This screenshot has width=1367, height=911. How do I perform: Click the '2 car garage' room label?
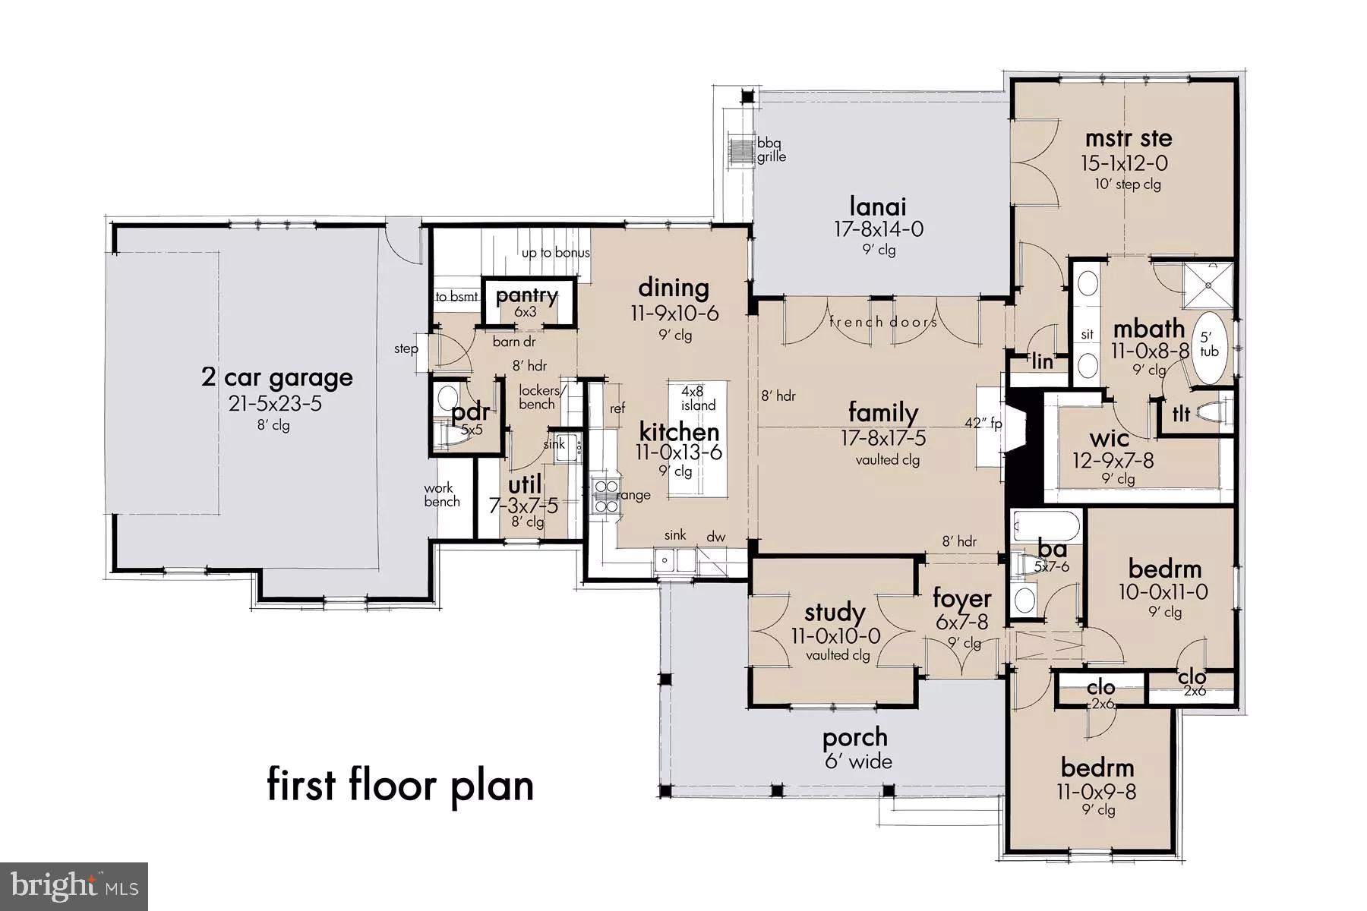click(x=277, y=377)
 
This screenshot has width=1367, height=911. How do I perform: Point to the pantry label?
click(x=527, y=295)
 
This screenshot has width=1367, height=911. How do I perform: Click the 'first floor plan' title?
click(x=400, y=784)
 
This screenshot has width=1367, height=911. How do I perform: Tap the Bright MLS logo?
click(x=74, y=886)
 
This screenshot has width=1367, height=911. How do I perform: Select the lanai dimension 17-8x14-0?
click(x=878, y=229)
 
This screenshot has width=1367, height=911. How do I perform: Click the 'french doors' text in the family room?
click(x=882, y=322)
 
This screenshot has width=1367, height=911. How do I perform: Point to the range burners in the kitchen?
click(x=605, y=495)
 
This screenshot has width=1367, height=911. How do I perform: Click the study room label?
click(x=835, y=612)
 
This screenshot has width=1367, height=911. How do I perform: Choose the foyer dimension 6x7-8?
click(x=961, y=623)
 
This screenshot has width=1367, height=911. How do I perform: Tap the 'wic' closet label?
click(x=1109, y=438)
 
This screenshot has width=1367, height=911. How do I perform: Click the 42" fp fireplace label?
click(x=983, y=423)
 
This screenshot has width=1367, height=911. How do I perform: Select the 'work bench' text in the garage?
click(x=441, y=494)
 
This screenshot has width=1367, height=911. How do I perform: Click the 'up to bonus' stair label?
click(x=555, y=253)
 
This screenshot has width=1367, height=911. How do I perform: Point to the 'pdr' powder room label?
click(x=470, y=413)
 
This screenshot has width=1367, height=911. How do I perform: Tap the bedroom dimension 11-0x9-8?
click(x=1097, y=791)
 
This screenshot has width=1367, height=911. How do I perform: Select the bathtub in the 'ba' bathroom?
click(x=1046, y=525)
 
